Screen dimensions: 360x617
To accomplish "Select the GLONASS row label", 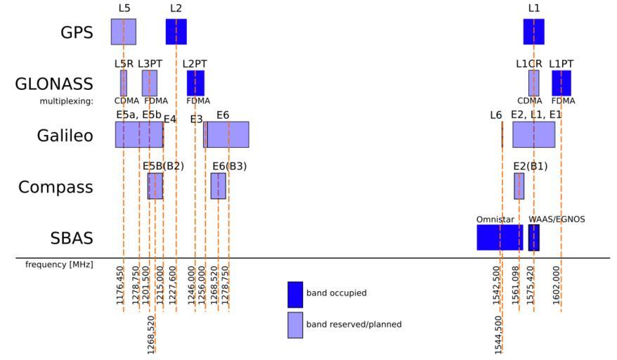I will [54, 84].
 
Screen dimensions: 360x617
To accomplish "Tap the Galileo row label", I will [65, 135].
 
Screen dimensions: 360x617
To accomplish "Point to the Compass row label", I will [56, 187].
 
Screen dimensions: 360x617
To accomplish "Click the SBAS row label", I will [72, 238].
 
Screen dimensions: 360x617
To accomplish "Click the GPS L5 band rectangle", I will [123, 32].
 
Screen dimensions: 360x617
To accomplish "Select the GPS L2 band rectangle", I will [176, 32].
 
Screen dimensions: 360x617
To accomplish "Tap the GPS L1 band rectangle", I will [533, 32].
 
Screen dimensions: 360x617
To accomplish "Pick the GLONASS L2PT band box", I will [195, 83].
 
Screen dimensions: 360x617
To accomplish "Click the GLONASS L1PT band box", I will [561, 83].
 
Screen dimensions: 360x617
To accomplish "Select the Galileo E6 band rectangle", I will [228, 134].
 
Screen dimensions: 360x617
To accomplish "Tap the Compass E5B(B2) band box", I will [155, 186].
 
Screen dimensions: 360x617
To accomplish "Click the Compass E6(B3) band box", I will [218, 186].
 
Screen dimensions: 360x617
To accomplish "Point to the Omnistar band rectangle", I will [500, 238].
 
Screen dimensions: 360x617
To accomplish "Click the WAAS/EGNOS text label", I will [557, 219].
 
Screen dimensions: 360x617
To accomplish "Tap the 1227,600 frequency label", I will [176, 284].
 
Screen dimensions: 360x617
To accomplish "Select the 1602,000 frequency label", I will [557, 284].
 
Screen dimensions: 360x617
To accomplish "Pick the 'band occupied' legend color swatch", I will [295, 294].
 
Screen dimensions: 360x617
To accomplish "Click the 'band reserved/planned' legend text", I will [354, 325].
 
